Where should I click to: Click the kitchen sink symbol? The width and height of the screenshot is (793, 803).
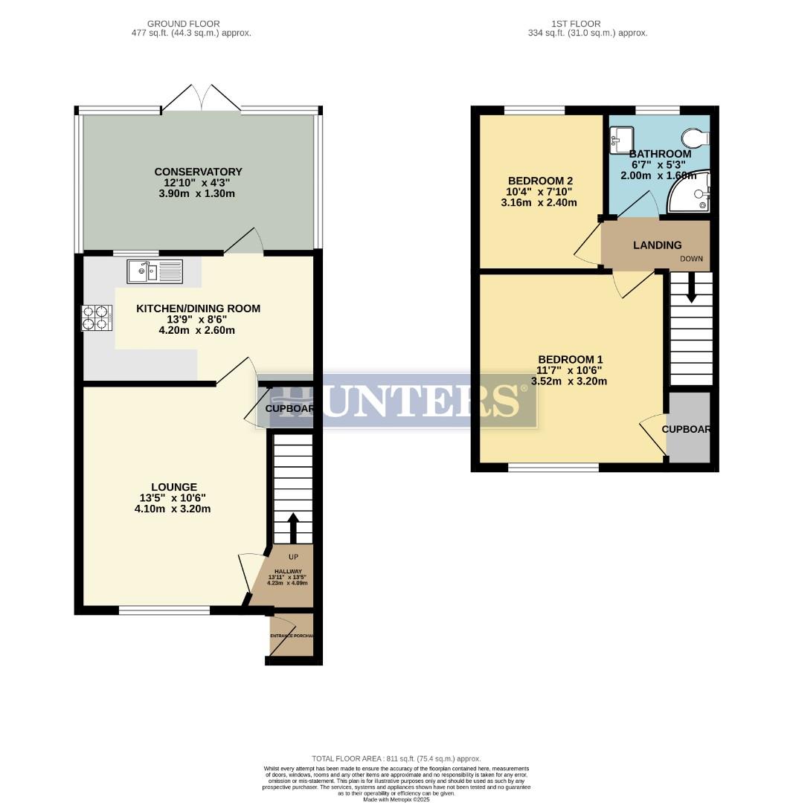(155, 271)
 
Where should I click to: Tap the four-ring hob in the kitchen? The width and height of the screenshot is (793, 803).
(96, 317)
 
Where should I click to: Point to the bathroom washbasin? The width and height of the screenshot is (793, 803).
(621, 139)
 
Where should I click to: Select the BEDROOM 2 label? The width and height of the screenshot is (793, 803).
(539, 181)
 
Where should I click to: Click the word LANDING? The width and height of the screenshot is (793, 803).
(657, 245)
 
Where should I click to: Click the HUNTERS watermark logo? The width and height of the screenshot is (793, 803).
(396, 400)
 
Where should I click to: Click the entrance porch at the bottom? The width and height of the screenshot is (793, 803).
(292, 635)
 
